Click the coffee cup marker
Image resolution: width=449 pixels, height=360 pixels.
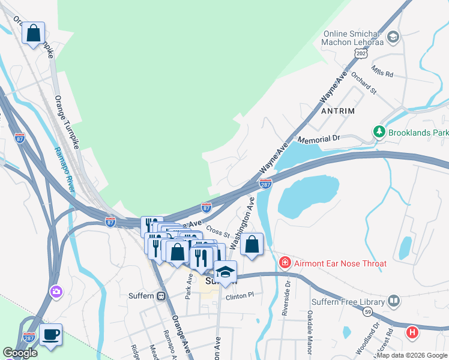[51, 334]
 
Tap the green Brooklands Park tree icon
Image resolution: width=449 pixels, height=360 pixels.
[379, 131]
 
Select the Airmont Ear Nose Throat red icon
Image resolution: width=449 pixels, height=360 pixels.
[285, 263]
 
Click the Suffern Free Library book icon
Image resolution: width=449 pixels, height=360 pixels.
[394, 301]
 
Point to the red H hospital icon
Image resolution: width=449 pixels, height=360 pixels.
[412, 331]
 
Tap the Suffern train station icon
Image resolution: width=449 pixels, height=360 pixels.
[161, 296]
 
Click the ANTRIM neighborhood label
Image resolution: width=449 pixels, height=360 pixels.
[338, 111]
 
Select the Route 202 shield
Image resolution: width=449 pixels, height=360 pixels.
[360, 53]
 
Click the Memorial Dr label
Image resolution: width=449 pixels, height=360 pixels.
[322, 139]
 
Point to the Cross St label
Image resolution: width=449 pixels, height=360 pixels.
[217, 230]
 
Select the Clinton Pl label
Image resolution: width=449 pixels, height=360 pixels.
[240, 296]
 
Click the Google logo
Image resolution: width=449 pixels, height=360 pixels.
[20, 352]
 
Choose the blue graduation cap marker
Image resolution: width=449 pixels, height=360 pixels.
[226, 272]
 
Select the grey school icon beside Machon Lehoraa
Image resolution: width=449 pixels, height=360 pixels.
[393, 38]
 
